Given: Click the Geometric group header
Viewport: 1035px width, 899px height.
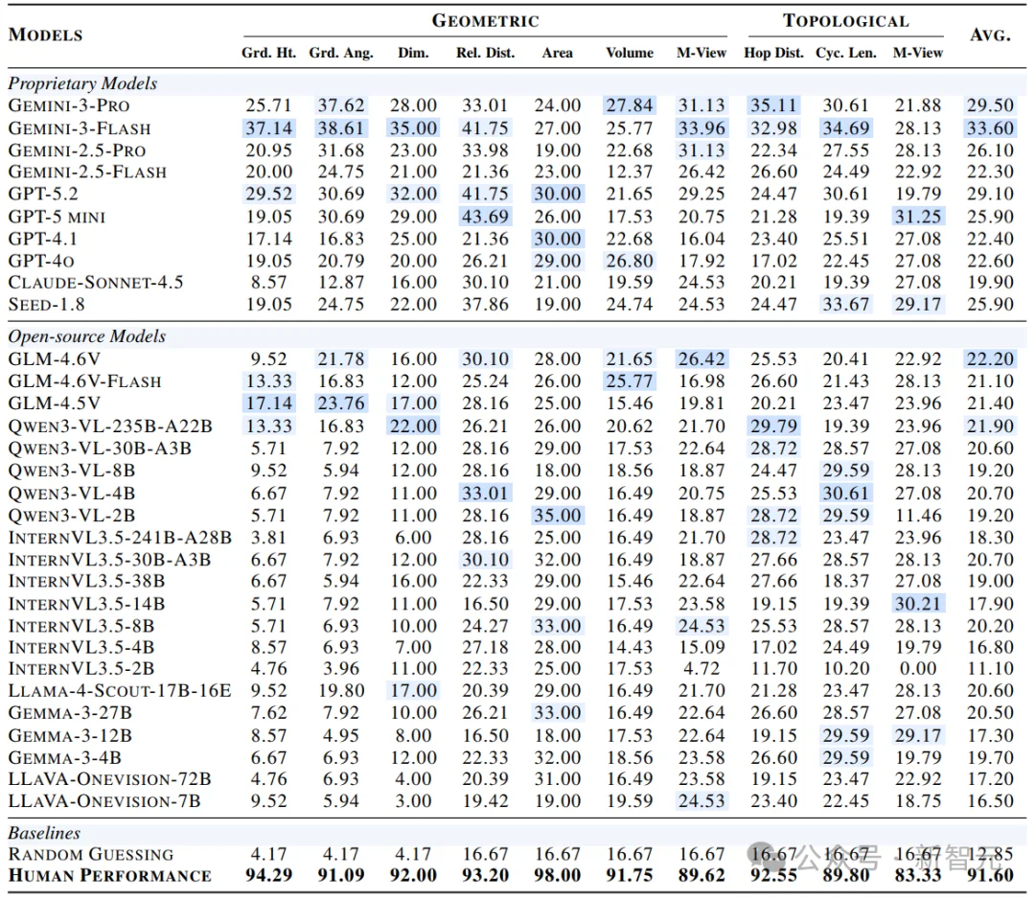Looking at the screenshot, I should click(485, 20).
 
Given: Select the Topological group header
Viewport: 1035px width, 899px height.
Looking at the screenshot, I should click(845, 20).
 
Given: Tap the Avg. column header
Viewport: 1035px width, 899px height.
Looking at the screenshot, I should click(990, 35).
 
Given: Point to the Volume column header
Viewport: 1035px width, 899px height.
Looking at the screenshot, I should click(630, 53).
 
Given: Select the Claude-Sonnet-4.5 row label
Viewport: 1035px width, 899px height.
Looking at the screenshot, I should click(96, 283).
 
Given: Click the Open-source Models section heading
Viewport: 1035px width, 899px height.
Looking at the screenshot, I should click(87, 336).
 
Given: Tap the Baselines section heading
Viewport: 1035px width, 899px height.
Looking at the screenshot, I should click(44, 833).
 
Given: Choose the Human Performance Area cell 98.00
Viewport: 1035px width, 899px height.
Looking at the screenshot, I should click(558, 875).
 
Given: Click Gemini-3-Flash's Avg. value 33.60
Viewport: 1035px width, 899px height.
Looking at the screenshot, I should click(990, 128).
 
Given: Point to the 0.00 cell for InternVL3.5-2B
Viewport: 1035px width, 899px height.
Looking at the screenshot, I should click(917, 668).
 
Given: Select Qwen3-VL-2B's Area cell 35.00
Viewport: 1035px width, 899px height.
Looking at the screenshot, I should click(558, 516).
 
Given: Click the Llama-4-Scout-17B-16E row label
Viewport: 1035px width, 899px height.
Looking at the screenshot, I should click(120, 690).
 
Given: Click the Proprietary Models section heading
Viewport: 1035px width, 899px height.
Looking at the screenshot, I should click(82, 83).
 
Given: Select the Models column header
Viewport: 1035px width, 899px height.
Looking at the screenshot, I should click(46, 35).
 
